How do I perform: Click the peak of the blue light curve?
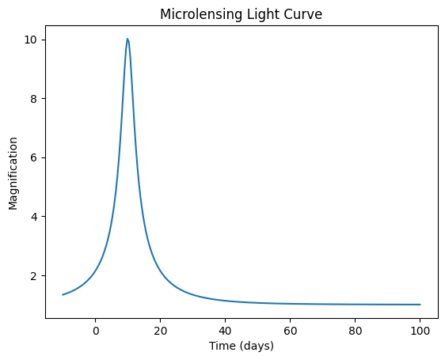click(x=127, y=39)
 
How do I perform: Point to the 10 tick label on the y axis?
click(x=31, y=40)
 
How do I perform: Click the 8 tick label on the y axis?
click(x=34, y=99)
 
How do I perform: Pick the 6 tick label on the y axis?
click(x=34, y=157)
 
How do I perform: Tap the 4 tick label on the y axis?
click(x=34, y=217)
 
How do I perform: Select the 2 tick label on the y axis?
click(x=34, y=275)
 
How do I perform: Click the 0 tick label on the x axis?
click(x=96, y=331)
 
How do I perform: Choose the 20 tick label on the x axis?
click(x=161, y=331)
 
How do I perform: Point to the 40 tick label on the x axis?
click(x=226, y=331)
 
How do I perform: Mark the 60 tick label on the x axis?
click(x=290, y=331)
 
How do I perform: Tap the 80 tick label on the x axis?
click(x=355, y=331)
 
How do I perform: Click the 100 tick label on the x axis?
click(x=420, y=331)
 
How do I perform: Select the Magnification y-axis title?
click(x=13, y=173)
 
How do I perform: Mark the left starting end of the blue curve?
click(x=63, y=295)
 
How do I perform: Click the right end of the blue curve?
click(x=420, y=305)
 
